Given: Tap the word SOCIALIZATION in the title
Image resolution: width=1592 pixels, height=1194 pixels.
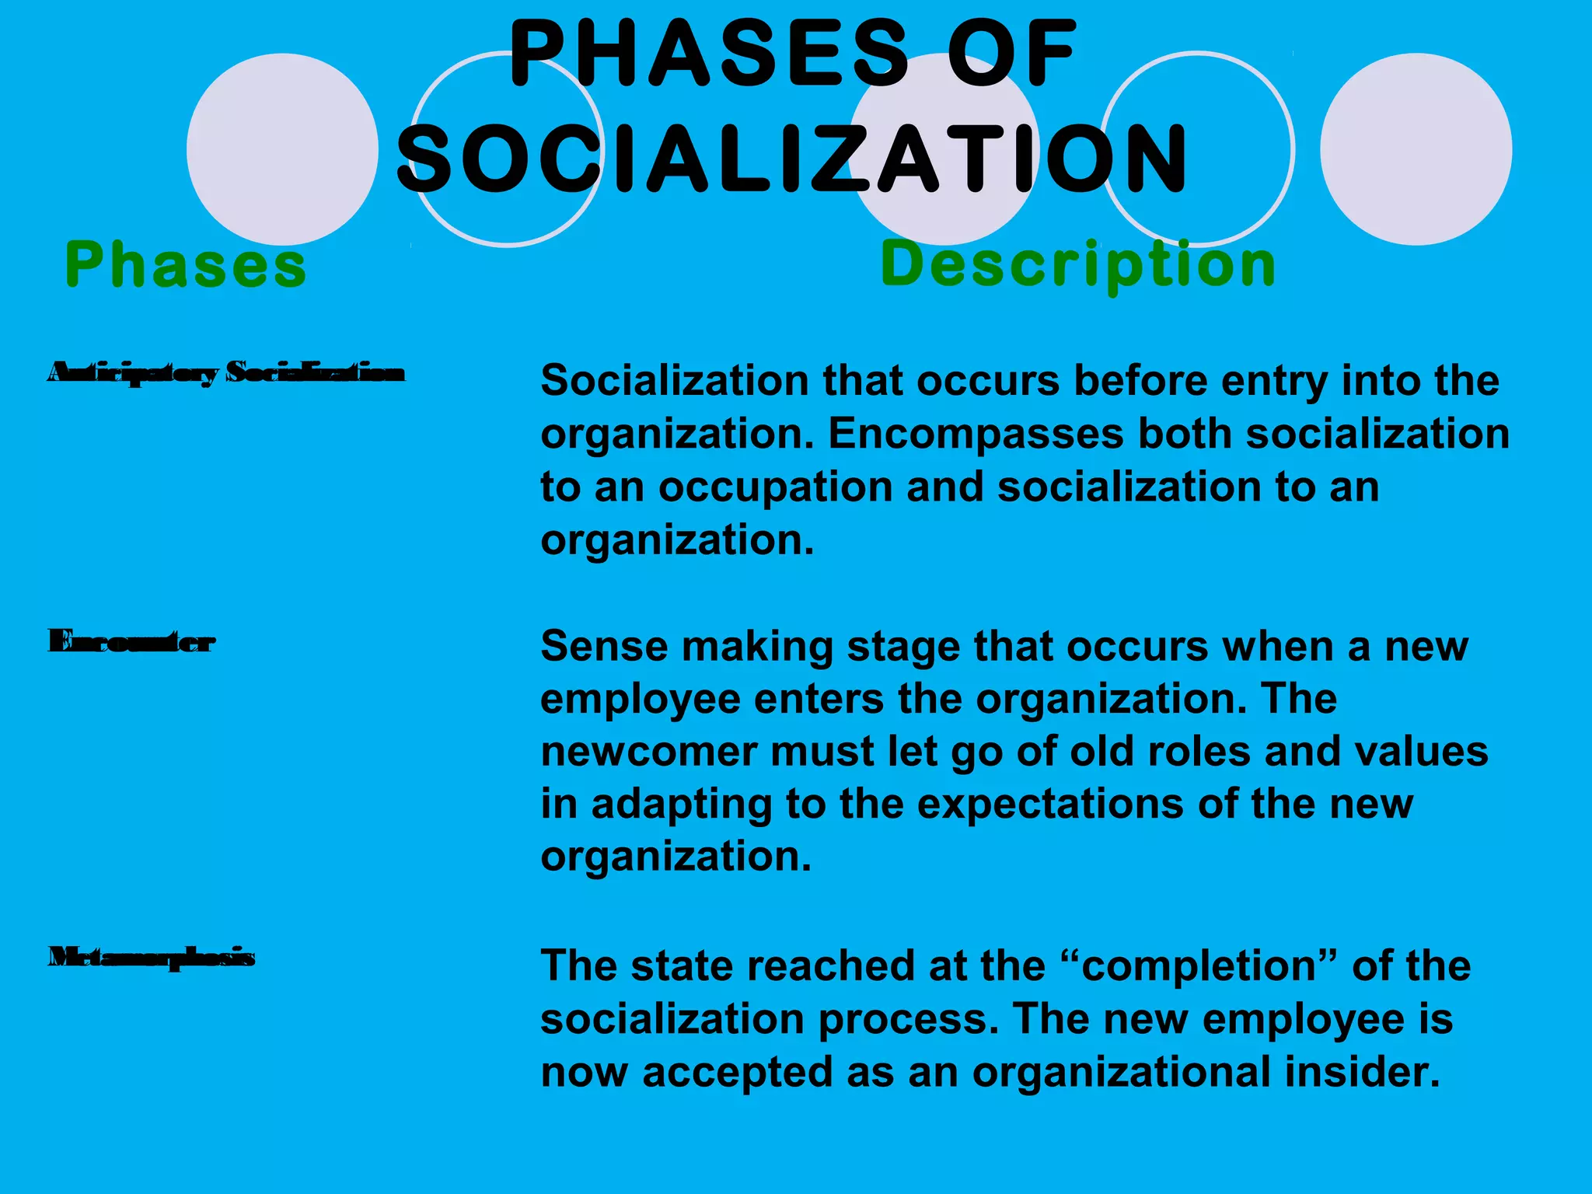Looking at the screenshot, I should [x=793, y=159].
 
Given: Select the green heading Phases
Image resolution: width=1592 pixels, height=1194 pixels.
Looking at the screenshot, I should [x=186, y=264].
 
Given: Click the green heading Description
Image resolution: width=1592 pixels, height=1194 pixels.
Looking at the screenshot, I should [x=1078, y=264].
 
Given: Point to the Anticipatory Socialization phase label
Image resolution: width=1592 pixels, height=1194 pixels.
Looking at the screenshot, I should [x=226, y=373].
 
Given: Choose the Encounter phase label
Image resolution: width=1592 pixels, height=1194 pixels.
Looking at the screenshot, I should [x=131, y=642].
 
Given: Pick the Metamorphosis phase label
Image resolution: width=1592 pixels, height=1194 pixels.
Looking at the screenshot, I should [x=152, y=957].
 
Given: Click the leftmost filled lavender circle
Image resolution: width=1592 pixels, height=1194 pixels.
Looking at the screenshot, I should [x=282, y=148].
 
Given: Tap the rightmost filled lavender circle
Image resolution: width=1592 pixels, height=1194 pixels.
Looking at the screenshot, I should [x=1416, y=148].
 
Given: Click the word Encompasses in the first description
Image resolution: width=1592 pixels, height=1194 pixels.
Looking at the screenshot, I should [x=976, y=434].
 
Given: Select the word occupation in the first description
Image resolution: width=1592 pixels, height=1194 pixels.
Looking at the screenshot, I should [x=776, y=487].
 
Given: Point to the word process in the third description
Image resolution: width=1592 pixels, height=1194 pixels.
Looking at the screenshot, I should [x=909, y=1019].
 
